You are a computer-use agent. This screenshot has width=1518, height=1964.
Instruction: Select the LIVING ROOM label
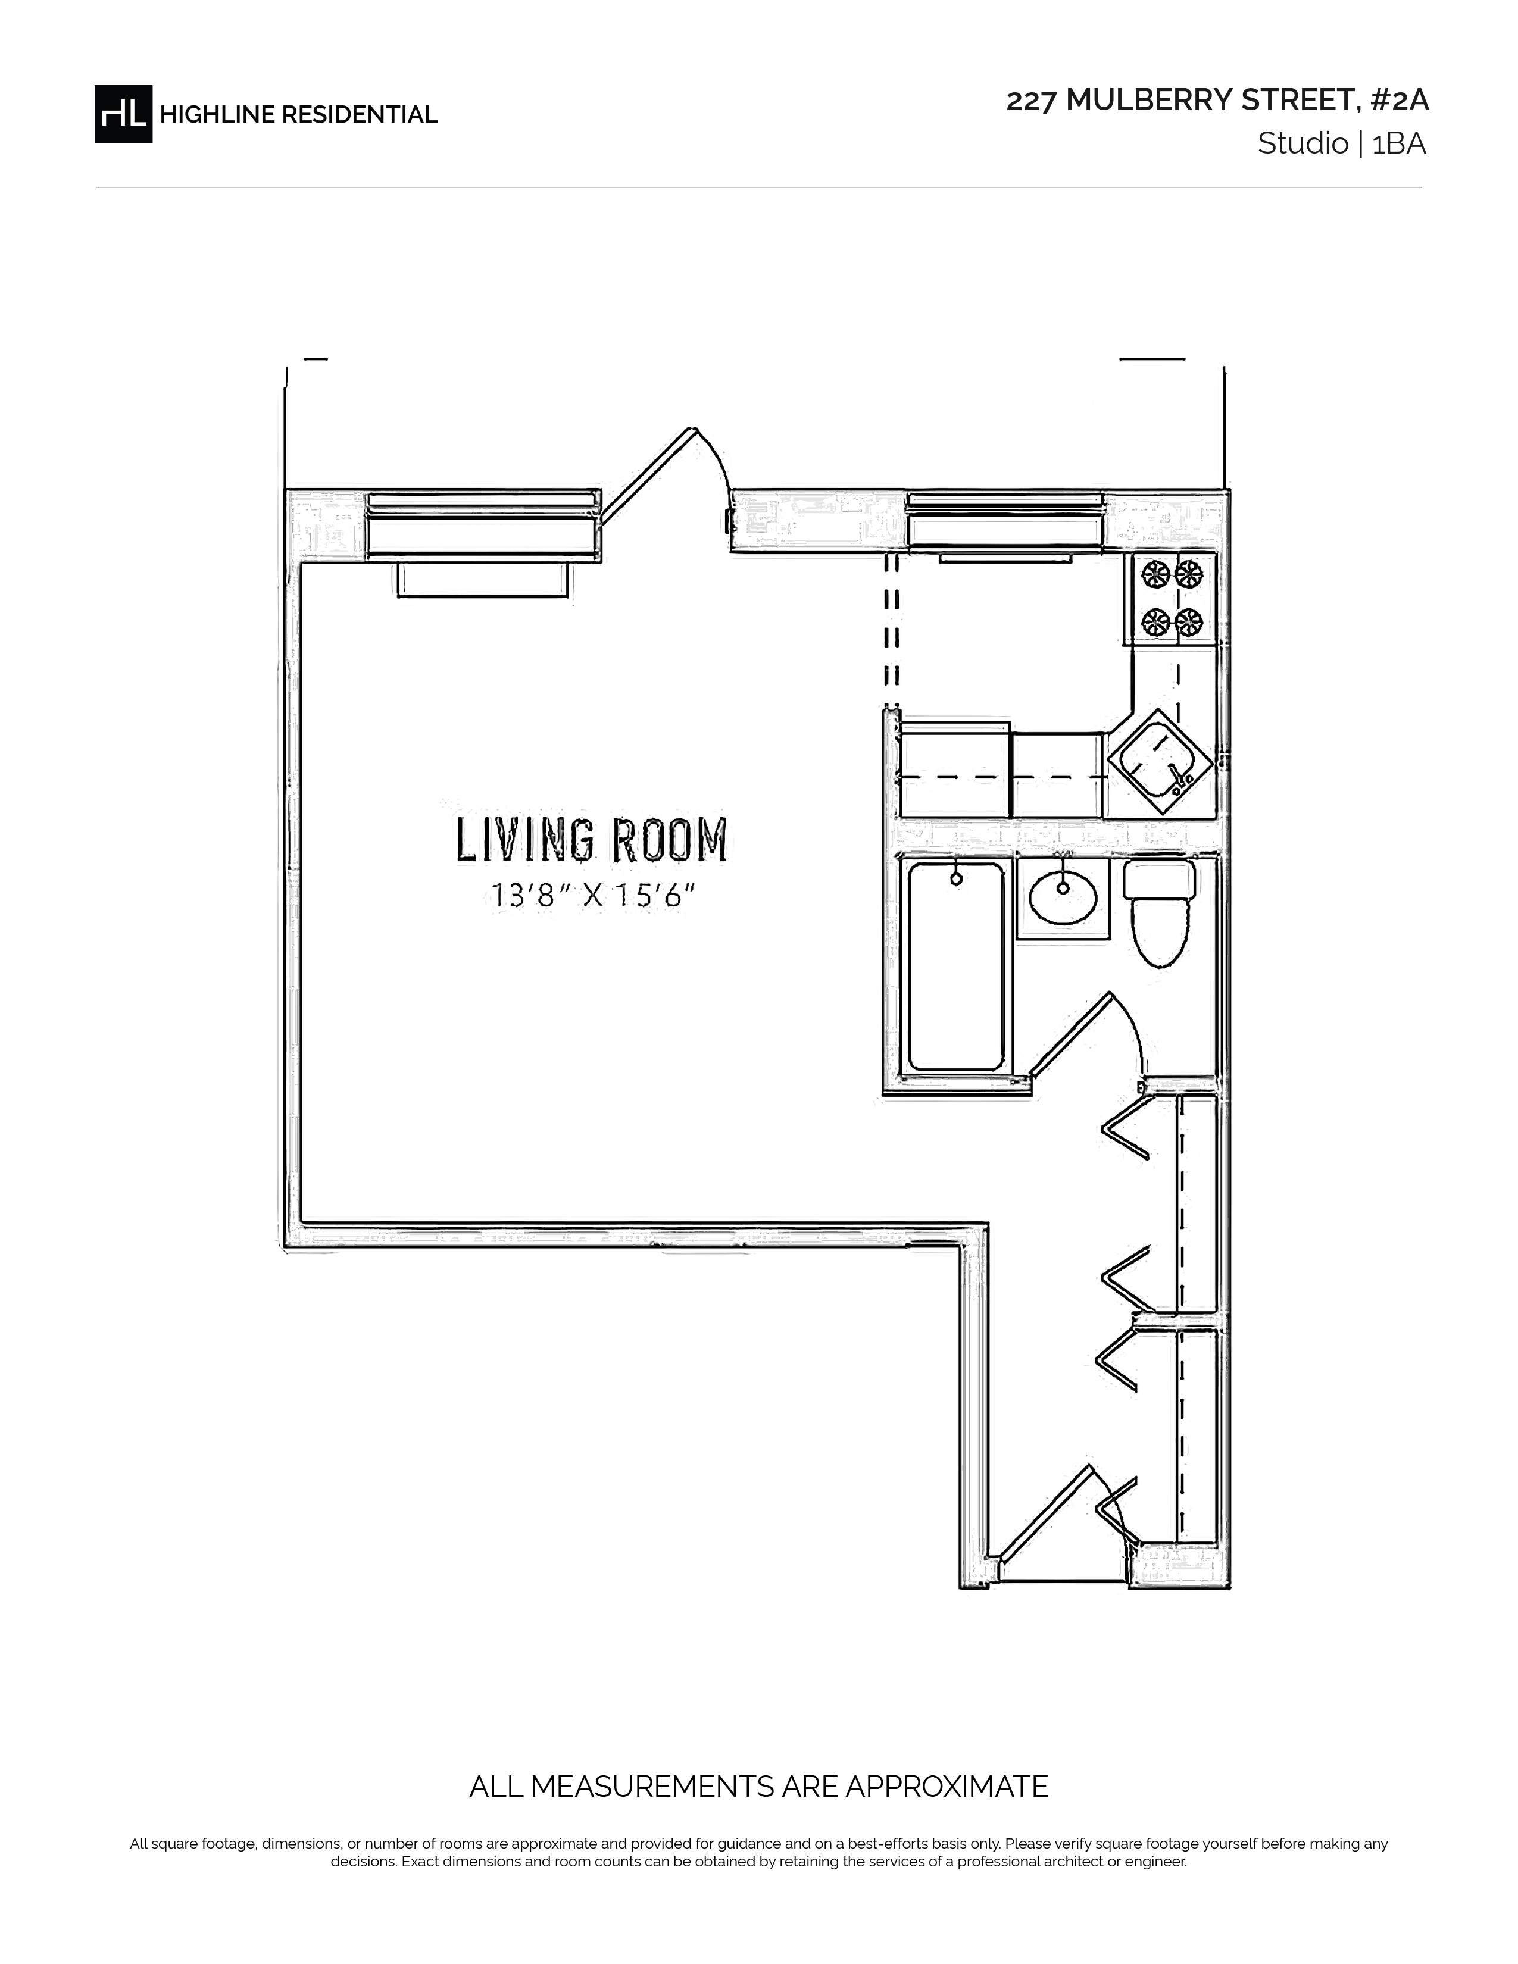591,840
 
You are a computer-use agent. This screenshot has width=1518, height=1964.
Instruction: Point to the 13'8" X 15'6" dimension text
594,896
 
